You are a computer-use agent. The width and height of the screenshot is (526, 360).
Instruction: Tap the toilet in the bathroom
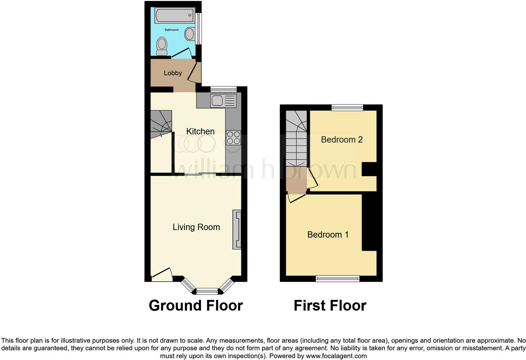pyautogui.click(x=162, y=46)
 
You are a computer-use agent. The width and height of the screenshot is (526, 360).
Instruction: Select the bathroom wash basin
pyautogui.click(x=190, y=33)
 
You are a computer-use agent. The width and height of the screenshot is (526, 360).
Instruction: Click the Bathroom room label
pyautogui.click(x=172, y=30)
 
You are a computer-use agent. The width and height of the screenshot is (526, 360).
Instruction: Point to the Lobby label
pyautogui.click(x=173, y=73)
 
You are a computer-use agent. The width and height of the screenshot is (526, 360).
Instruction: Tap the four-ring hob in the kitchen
pyautogui.click(x=233, y=138)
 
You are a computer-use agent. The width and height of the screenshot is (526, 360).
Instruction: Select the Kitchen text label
pyautogui.click(x=200, y=131)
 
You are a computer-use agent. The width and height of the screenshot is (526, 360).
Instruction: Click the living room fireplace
pyautogui.click(x=237, y=229)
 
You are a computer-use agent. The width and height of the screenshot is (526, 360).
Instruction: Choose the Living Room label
pyautogui.click(x=196, y=227)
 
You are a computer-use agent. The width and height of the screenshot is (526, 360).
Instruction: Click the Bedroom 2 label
pyautogui.click(x=342, y=139)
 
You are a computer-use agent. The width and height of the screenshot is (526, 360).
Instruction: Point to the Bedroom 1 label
pyautogui.click(x=328, y=234)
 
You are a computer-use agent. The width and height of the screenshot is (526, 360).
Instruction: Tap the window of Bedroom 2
pyautogui.click(x=347, y=108)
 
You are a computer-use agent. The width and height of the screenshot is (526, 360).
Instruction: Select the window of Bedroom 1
pyautogui.click(x=338, y=278)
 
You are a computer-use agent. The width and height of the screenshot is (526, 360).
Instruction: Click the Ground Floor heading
pyautogui.click(x=196, y=306)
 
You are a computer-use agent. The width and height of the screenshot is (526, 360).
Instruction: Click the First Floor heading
pyautogui.click(x=330, y=306)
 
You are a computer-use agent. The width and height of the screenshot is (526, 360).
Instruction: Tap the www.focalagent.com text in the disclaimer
pyautogui.click(x=336, y=356)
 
